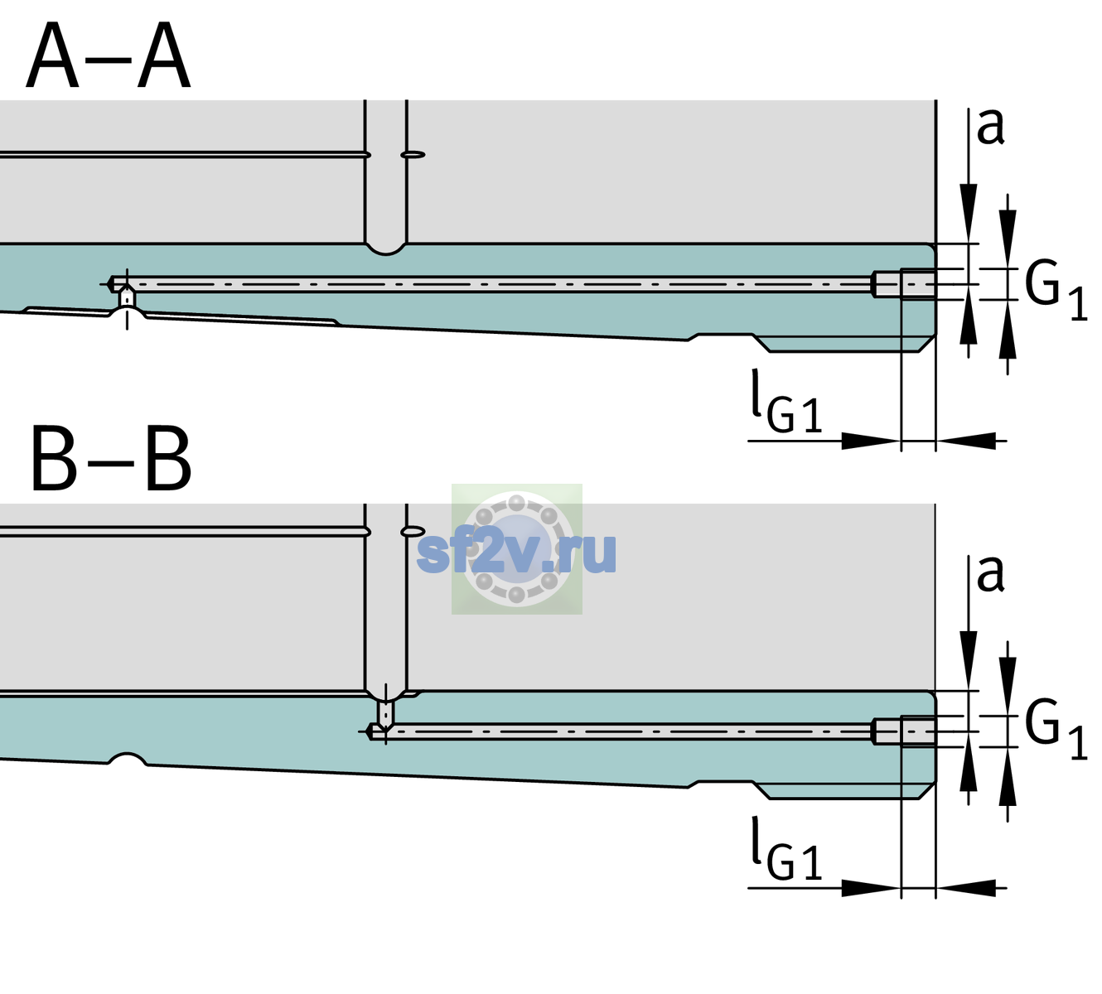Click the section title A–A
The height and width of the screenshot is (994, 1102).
(109, 56)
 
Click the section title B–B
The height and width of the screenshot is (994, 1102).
(112, 459)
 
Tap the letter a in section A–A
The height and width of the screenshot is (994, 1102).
(990, 127)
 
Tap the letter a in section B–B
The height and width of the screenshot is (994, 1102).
(990, 574)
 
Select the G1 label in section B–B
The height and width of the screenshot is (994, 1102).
(1056, 731)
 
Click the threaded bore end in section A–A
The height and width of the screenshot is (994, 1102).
(905, 284)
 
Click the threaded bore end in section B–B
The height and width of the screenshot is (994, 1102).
(905, 731)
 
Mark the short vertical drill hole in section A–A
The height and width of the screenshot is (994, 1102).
(127, 298)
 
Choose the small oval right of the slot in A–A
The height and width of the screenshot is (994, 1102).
(413, 155)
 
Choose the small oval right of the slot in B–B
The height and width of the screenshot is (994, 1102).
(413, 531)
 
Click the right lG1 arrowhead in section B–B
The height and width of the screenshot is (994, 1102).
(966, 887)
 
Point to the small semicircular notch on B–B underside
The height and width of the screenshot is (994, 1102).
(128, 759)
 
